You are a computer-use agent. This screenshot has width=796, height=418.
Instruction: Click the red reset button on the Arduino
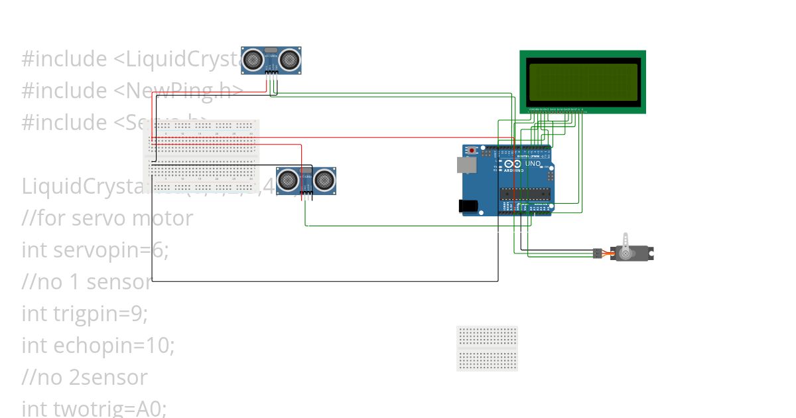coord(472,150)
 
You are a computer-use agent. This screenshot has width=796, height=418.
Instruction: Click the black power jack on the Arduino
coord(470,206)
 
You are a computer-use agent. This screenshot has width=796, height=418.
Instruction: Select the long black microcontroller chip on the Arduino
coord(525,194)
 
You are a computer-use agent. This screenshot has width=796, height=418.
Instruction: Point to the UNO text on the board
coord(533,163)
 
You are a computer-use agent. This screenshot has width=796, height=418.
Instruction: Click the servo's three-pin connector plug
coord(597,253)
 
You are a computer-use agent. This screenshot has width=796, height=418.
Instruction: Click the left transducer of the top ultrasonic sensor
coord(253,60)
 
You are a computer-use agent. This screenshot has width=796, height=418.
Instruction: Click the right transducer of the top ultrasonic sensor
coord(289,60)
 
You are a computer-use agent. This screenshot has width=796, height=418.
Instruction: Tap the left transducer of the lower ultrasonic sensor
coord(287,178)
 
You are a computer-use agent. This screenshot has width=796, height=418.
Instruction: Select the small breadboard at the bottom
coord(487,348)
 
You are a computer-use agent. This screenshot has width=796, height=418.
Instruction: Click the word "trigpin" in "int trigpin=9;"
coord(84,314)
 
